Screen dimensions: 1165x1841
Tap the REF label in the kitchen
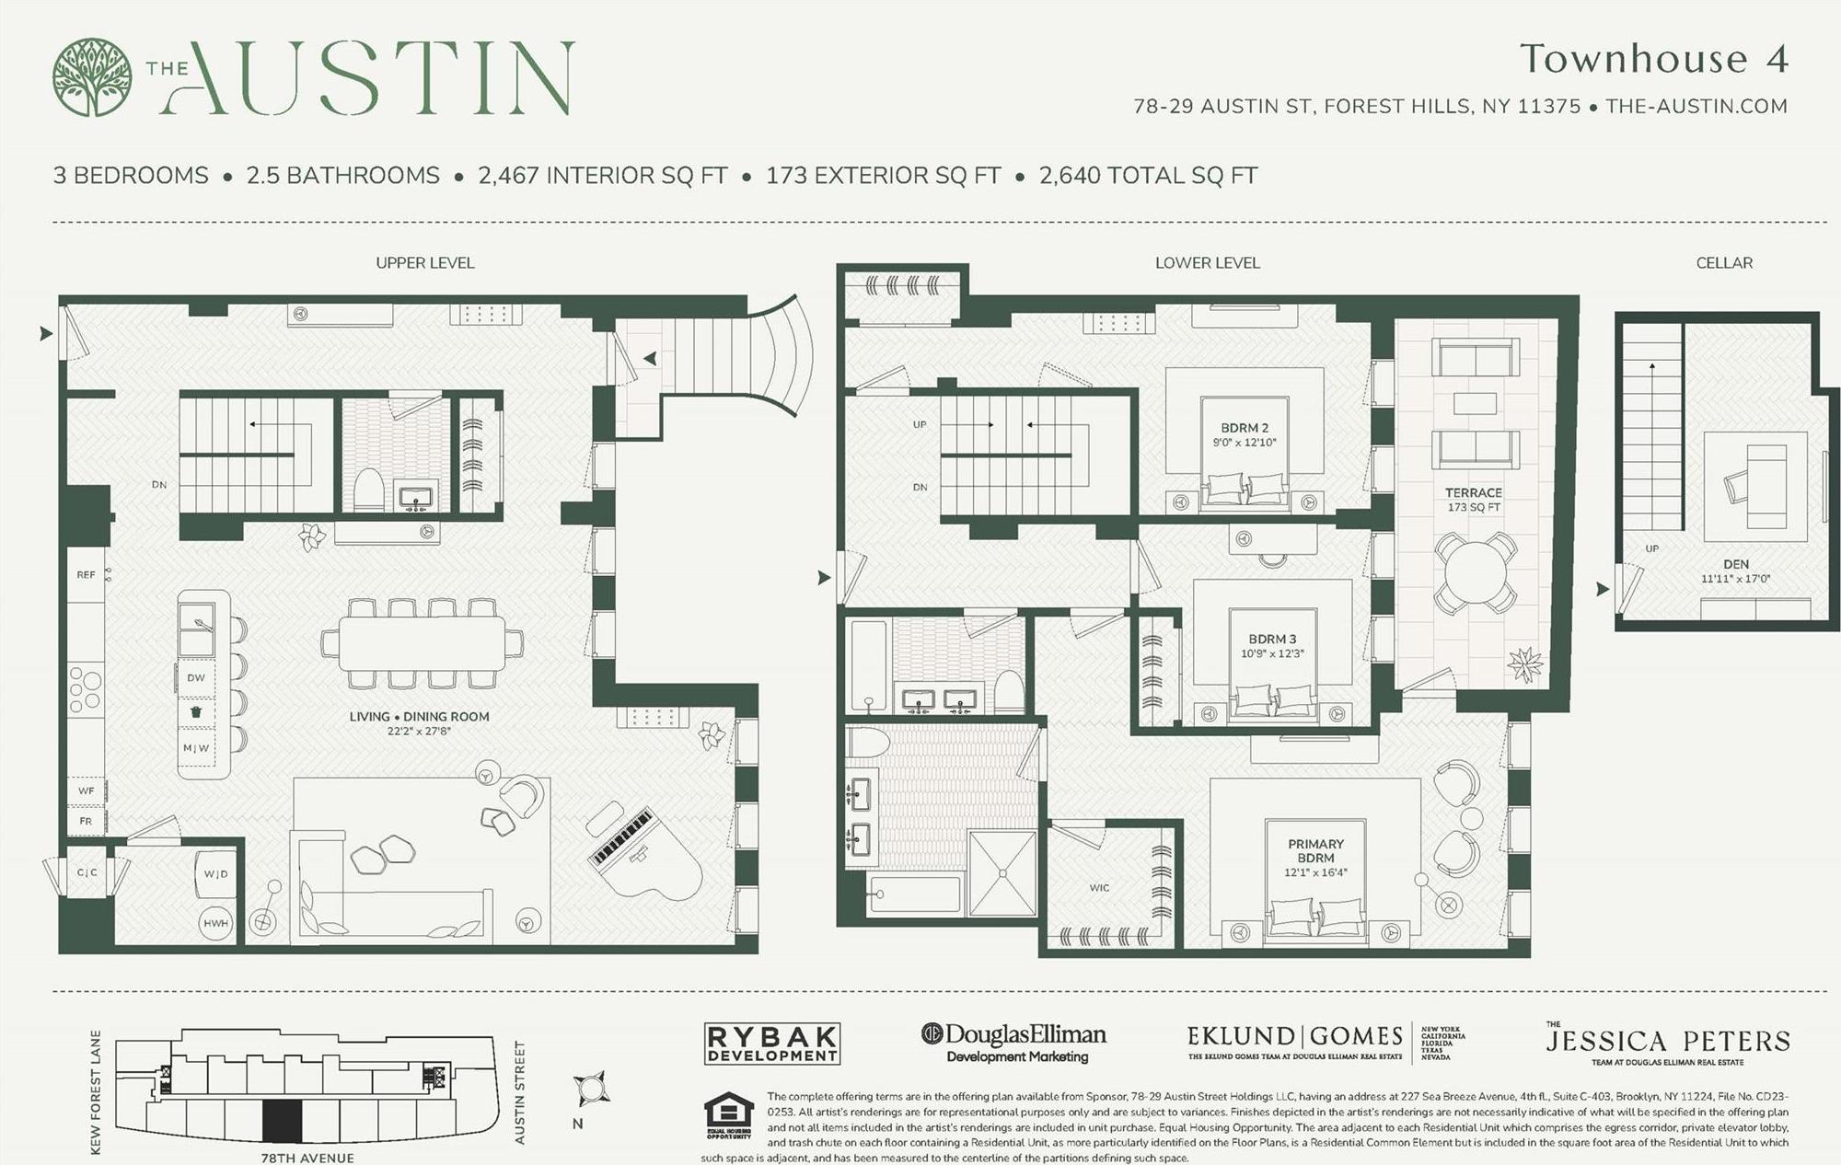pos(86,575)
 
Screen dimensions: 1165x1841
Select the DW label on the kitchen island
pos(196,677)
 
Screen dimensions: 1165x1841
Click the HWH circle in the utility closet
pos(216,923)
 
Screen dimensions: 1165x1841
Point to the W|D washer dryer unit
pos(216,873)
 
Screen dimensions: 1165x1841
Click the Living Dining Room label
pos(419,717)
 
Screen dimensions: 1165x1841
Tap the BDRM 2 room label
pos(1245,428)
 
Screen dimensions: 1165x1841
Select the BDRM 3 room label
pos(1272,640)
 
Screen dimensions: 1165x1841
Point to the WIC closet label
pos(1099,888)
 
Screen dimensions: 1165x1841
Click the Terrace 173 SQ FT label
pos(1474,500)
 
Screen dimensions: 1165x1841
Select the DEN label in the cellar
pos(1735,564)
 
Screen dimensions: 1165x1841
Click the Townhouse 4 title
pos(1653,59)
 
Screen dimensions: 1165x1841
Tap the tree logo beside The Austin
pos(92,77)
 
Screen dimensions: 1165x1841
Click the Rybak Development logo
pos(771,1044)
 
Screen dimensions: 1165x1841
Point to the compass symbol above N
pos(589,1090)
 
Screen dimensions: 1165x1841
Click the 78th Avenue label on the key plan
pos(307,1158)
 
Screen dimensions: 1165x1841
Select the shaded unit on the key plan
pos(282,1121)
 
